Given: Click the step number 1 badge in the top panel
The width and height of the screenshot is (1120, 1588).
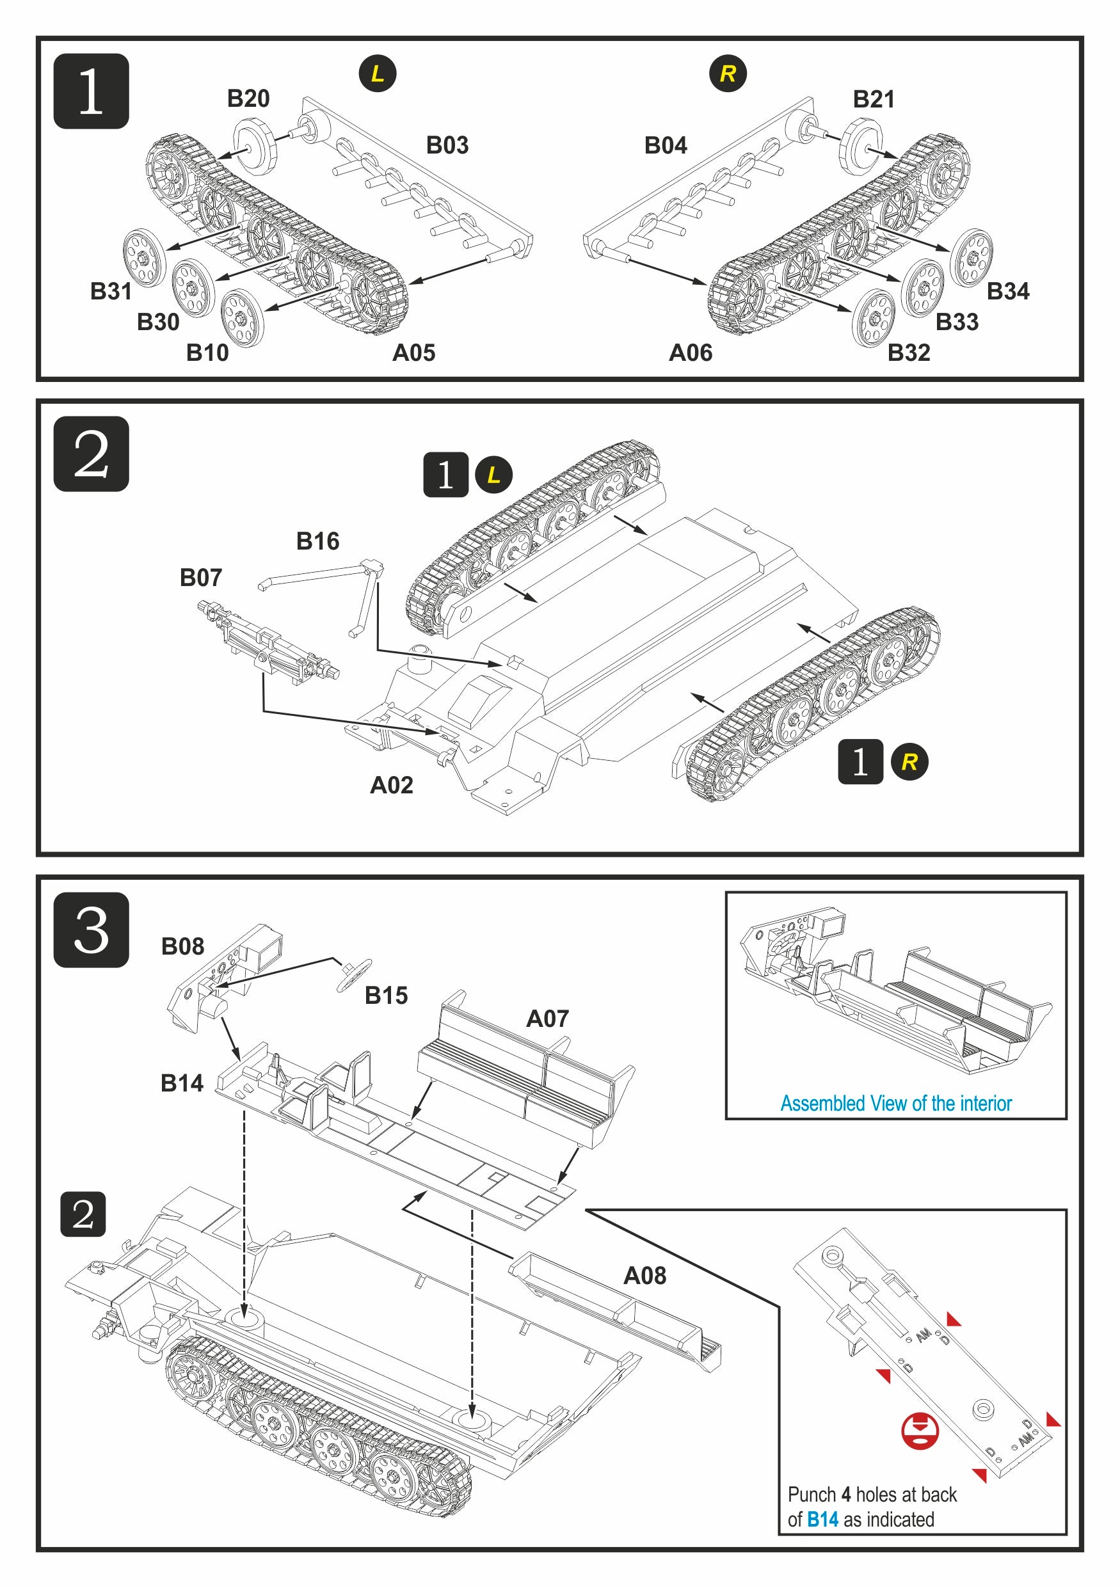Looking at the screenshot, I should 92,91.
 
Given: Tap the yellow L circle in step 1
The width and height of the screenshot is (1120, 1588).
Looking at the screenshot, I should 377,74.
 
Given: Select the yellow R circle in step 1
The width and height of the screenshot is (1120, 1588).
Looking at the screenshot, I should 728,74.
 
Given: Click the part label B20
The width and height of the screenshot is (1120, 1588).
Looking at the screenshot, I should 248,99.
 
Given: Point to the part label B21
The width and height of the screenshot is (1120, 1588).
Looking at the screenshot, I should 873,100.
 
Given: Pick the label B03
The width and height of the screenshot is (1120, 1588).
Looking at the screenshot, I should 447,145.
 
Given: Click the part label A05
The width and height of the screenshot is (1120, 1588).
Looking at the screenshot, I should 413,353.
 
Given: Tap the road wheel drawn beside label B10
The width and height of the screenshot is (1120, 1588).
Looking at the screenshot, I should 242,318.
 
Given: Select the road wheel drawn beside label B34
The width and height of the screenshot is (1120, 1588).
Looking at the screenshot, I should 972,257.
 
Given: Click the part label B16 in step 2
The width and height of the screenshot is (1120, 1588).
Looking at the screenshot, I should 317,541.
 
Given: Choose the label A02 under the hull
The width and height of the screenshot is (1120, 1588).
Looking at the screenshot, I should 392,785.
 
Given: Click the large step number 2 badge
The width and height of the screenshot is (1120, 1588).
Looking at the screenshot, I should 92,454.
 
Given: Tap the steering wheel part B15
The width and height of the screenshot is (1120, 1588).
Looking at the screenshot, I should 353,974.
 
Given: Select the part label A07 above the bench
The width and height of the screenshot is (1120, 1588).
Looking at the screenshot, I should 547,1019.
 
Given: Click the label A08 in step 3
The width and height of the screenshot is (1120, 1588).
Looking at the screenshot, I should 644,1275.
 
